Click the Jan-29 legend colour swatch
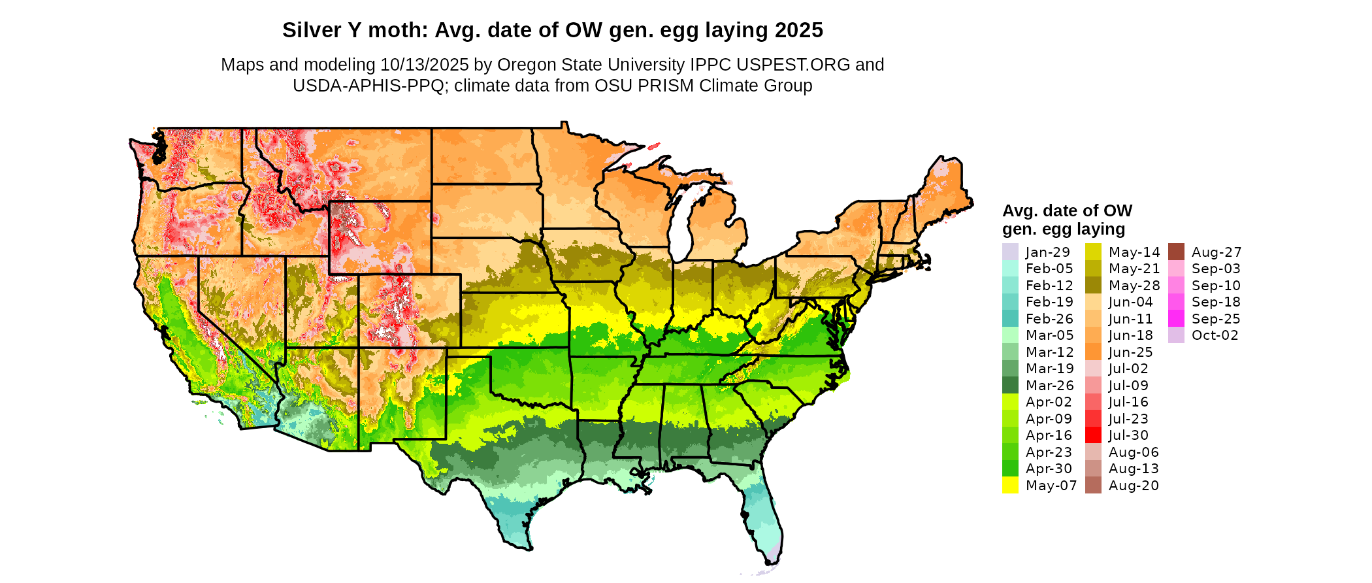(1010, 252)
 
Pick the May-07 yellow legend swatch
(1010, 485)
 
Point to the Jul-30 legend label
(1128, 435)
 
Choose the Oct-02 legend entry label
(1215, 335)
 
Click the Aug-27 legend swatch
(1176, 252)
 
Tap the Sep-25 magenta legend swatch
(1176, 318)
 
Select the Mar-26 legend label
(1049, 386)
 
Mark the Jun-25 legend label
(1130, 352)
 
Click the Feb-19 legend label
(1049, 302)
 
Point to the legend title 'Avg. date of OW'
(1067, 211)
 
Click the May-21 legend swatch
(1093, 269)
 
